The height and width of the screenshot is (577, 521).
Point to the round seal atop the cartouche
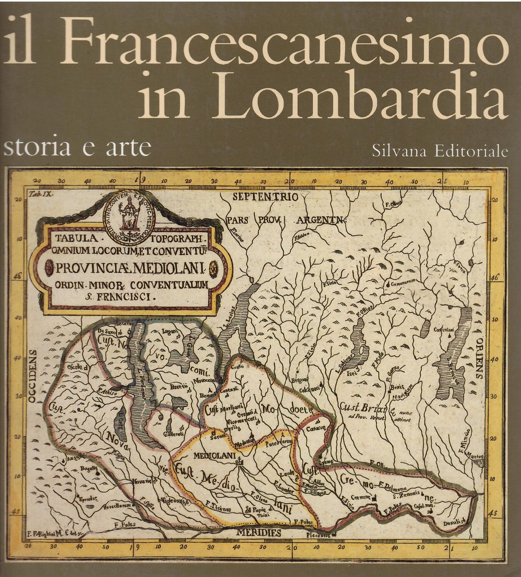click(x=129, y=211)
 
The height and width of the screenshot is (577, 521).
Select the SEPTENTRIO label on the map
click(x=265, y=197)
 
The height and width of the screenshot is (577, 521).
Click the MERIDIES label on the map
click(x=258, y=532)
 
